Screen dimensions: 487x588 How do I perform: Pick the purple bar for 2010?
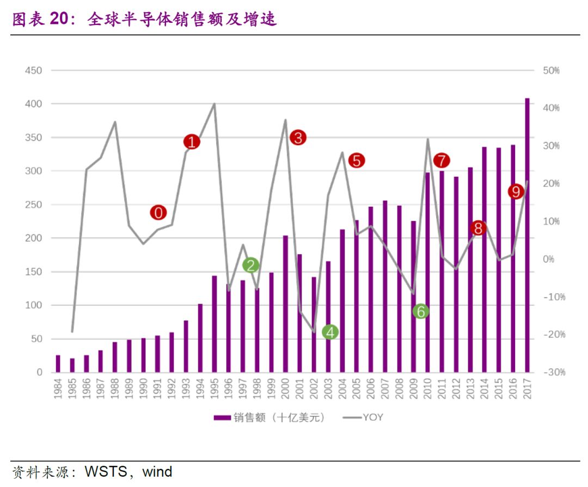click(427, 272)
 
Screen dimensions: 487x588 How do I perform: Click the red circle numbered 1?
click(192, 142)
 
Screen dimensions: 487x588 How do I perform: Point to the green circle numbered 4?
click(330, 332)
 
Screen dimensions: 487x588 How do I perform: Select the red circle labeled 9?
click(516, 192)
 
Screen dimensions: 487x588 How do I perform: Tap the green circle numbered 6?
click(420, 311)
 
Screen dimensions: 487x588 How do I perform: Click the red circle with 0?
click(158, 213)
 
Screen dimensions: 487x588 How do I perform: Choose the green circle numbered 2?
click(250, 265)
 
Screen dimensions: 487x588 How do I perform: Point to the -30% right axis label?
click(554, 373)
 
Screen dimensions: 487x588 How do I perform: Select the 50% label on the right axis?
click(552, 71)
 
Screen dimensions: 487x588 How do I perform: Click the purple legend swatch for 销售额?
click(222, 417)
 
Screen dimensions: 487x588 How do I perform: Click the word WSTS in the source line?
click(106, 471)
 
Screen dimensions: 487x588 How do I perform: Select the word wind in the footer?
click(157, 471)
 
